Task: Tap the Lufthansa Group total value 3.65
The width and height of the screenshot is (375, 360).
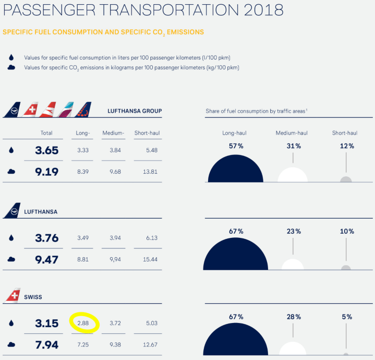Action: coord(46,150)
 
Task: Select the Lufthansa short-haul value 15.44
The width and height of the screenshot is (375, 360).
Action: coord(149,259)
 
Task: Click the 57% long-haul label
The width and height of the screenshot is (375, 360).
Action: coord(236,146)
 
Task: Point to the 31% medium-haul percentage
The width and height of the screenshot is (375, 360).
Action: coord(293,146)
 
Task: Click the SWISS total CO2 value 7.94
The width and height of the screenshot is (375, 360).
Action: coord(46,344)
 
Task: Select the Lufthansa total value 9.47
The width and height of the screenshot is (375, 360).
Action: coord(46,259)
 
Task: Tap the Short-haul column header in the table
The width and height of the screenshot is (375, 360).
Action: coord(147,133)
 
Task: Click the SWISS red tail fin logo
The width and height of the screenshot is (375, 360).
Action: coord(12,296)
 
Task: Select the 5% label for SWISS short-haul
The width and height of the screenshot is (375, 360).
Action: coord(347,317)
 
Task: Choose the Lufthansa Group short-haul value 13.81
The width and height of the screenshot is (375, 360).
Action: coord(149,172)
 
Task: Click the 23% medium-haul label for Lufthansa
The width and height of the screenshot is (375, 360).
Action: coord(294,231)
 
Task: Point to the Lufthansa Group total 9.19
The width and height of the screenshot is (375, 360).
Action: coord(46,172)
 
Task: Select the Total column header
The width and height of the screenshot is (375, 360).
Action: coord(46,133)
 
